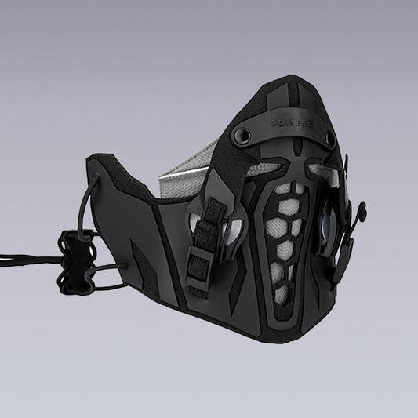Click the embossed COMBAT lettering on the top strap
[x=292, y=124]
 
